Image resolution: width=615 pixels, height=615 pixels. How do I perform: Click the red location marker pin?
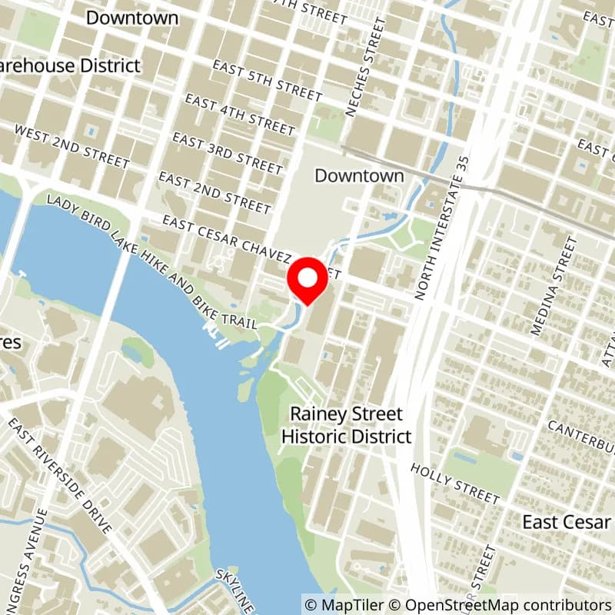pos(307,281)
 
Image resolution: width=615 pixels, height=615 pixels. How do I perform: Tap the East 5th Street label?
pos(268,81)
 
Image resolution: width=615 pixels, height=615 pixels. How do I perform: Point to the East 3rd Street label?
pos(228,151)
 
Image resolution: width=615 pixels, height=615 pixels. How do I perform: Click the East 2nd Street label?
pos(214,192)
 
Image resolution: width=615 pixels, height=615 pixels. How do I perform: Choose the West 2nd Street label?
pos(72,147)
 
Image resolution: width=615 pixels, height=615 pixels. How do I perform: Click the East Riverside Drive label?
pos(61,476)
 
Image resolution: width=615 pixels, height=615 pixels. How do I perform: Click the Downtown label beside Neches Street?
pos(359,175)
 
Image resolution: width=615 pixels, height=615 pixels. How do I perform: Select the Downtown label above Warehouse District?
pos(132,18)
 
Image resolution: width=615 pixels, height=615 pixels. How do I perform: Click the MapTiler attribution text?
pos(341,605)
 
